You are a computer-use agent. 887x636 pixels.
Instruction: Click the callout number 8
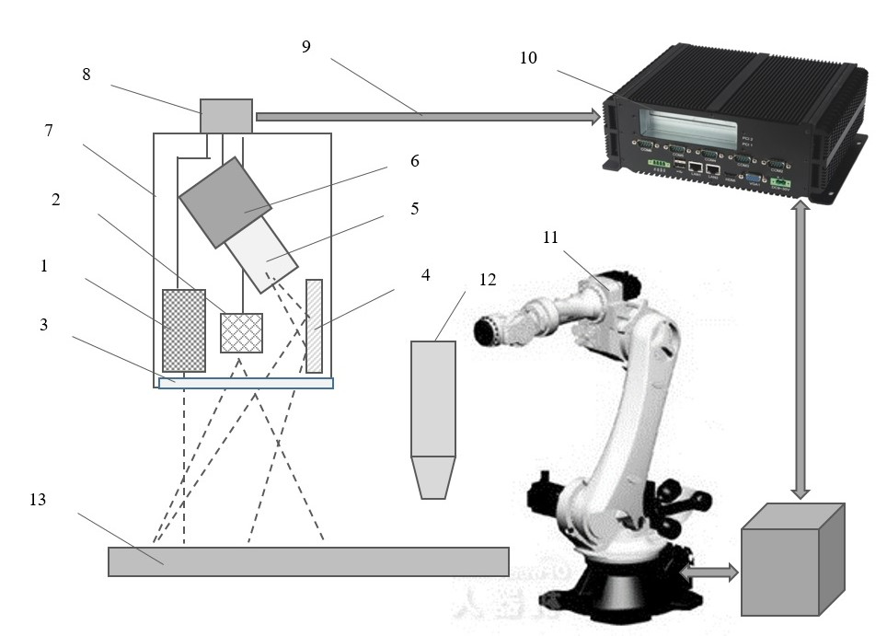pos(86,75)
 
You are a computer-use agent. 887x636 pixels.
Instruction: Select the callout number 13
pos(38,500)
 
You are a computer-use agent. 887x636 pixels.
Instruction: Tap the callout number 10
pos(528,58)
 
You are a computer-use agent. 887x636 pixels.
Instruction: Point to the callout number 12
pos(488,280)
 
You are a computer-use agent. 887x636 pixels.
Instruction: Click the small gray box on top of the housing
pos(226,115)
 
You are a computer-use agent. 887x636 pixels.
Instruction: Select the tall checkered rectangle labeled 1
pos(184,330)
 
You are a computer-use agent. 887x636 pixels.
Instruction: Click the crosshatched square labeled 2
pos(241,332)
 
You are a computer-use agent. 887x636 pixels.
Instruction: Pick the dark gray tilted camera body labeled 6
pos(225,202)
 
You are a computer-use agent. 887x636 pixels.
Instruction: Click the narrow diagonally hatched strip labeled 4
pos(314,326)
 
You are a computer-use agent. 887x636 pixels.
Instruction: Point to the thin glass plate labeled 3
pos(246,383)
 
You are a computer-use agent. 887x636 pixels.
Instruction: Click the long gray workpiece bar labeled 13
pos(308,561)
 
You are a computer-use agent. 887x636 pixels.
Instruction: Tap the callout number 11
pos(550,237)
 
